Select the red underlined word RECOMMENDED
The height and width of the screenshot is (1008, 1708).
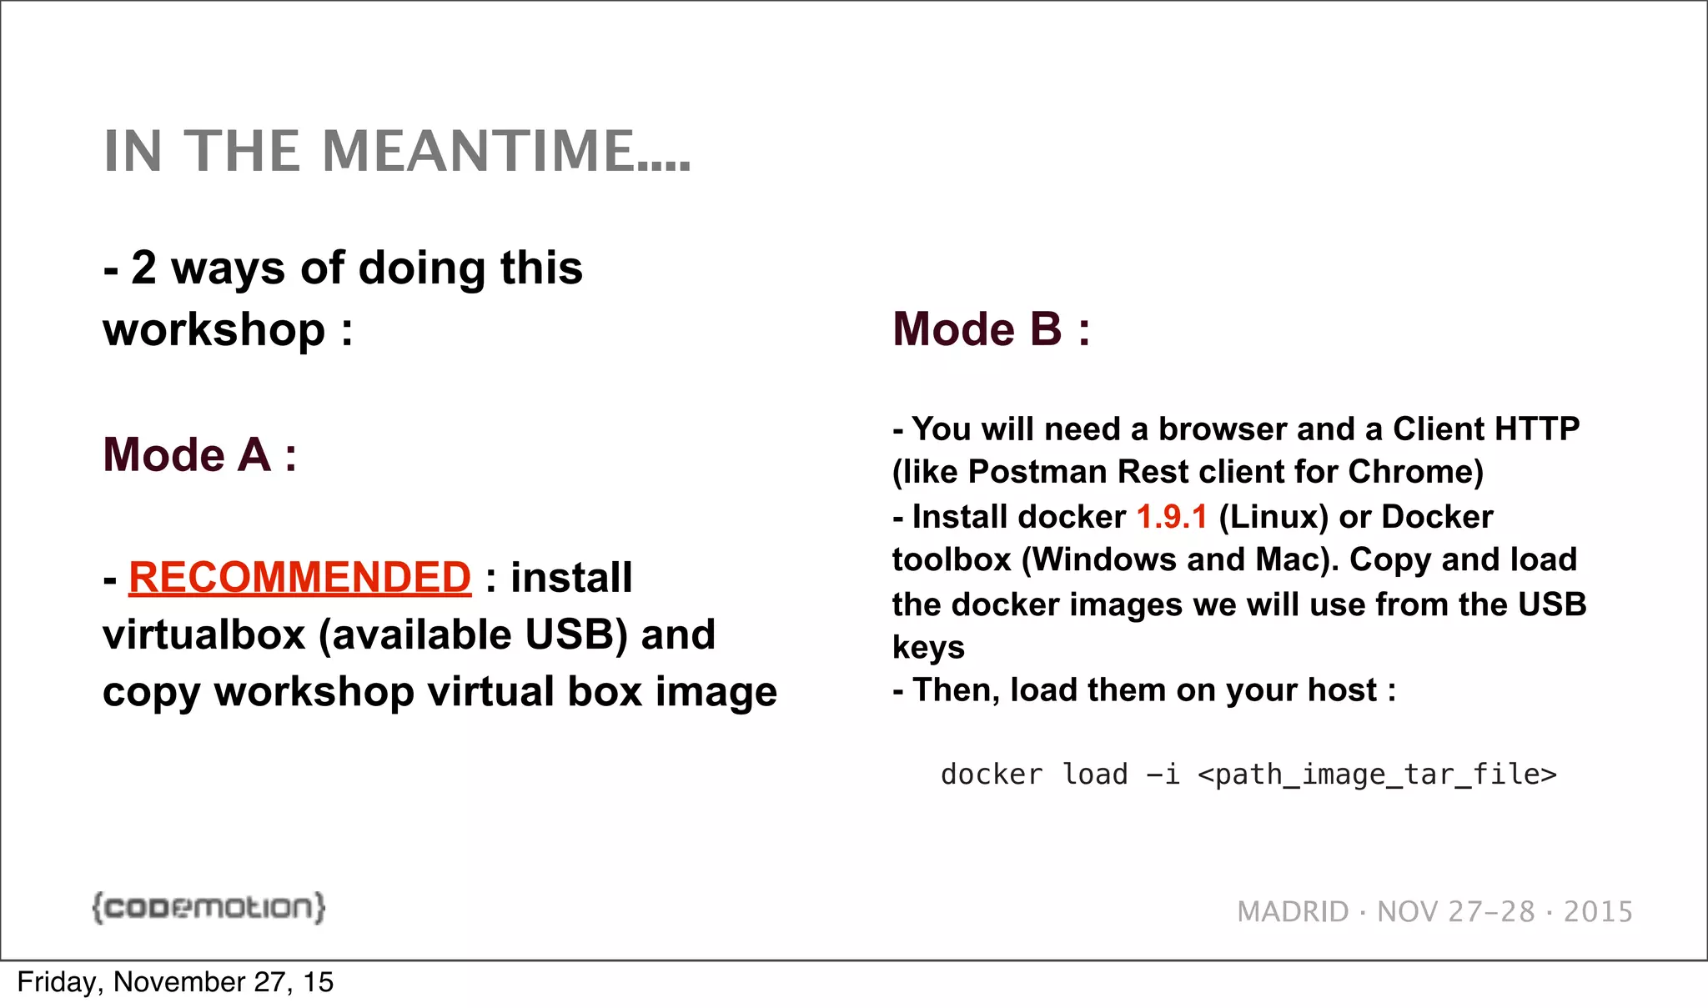[x=299, y=578]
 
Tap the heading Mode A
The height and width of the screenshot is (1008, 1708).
[x=199, y=455]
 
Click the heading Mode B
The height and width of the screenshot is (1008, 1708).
[x=991, y=329]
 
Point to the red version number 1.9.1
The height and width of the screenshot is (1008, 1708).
[x=1172, y=517]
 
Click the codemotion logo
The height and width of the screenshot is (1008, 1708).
[x=208, y=907]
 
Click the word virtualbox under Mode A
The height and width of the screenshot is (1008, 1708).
[x=204, y=635]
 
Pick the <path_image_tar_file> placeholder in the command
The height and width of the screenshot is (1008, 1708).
[x=1377, y=775]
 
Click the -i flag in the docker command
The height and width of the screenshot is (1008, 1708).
[x=1163, y=775]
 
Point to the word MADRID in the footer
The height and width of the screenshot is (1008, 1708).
[x=1293, y=912]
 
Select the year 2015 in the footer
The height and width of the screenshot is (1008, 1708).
[x=1598, y=912]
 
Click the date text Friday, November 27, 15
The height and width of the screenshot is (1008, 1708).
[x=175, y=982]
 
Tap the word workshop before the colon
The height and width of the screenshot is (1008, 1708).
[x=213, y=330]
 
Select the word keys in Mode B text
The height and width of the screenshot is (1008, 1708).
[x=928, y=648]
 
